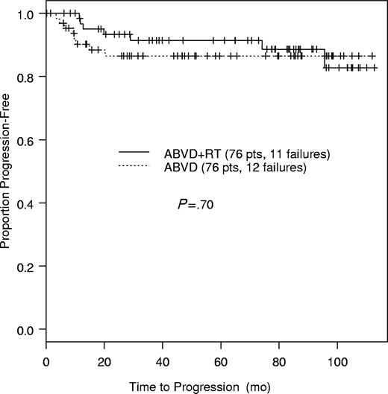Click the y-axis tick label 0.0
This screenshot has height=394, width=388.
[x=28, y=329]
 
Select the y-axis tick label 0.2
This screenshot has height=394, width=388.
[x=28, y=266]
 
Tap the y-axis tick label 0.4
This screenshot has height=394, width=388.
[x=28, y=203]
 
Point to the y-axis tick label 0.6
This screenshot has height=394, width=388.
[x=28, y=140]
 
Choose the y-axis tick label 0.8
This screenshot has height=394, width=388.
[x=28, y=77]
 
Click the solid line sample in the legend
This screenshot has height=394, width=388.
[x=137, y=153]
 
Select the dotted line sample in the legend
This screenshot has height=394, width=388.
[x=137, y=167]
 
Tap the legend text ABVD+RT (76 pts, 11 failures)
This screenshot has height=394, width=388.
[x=247, y=153]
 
